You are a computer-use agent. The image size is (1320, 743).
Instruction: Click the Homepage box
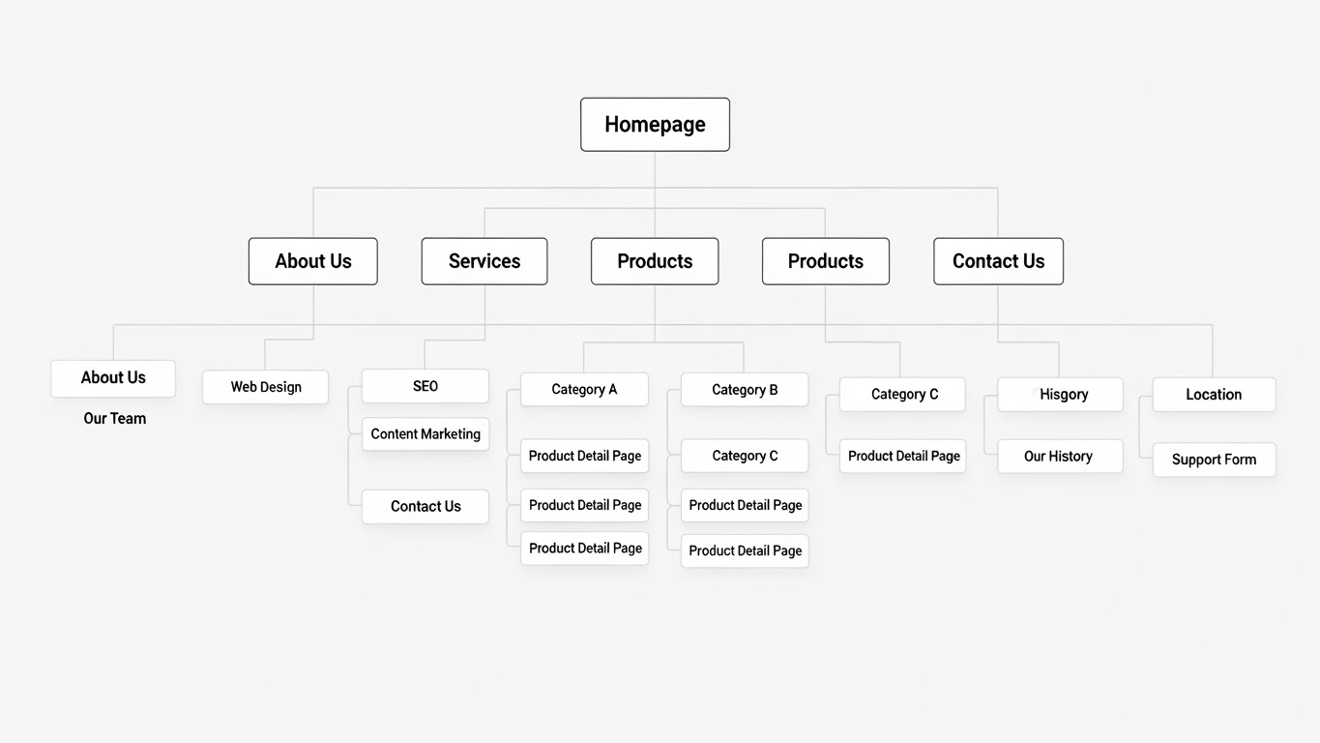click(655, 125)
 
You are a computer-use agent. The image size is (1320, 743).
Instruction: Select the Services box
click(484, 261)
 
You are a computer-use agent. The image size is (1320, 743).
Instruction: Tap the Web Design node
click(265, 387)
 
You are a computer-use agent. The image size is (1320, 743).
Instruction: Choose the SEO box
click(425, 386)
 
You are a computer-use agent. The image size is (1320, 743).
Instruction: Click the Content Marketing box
click(425, 434)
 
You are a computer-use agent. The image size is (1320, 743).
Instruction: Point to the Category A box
click(584, 389)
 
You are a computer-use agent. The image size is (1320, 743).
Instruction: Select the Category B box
click(745, 390)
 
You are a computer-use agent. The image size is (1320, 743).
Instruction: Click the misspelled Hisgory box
click(1060, 395)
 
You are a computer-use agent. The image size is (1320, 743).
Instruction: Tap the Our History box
click(1060, 457)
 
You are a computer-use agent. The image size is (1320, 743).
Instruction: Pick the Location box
click(1214, 395)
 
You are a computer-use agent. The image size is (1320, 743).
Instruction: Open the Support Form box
click(1214, 460)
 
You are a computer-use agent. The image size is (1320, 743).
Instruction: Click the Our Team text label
click(115, 419)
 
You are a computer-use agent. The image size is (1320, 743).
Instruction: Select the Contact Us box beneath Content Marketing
click(425, 507)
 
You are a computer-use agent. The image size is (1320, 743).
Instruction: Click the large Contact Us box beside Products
click(998, 261)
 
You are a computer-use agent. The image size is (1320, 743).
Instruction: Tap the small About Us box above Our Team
click(113, 378)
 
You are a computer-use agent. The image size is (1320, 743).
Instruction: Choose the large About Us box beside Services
click(313, 261)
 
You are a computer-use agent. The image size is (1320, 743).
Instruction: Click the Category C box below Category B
click(745, 456)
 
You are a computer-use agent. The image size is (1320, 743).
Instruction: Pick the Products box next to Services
click(655, 261)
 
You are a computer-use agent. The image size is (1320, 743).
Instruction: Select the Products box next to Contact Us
click(826, 261)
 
